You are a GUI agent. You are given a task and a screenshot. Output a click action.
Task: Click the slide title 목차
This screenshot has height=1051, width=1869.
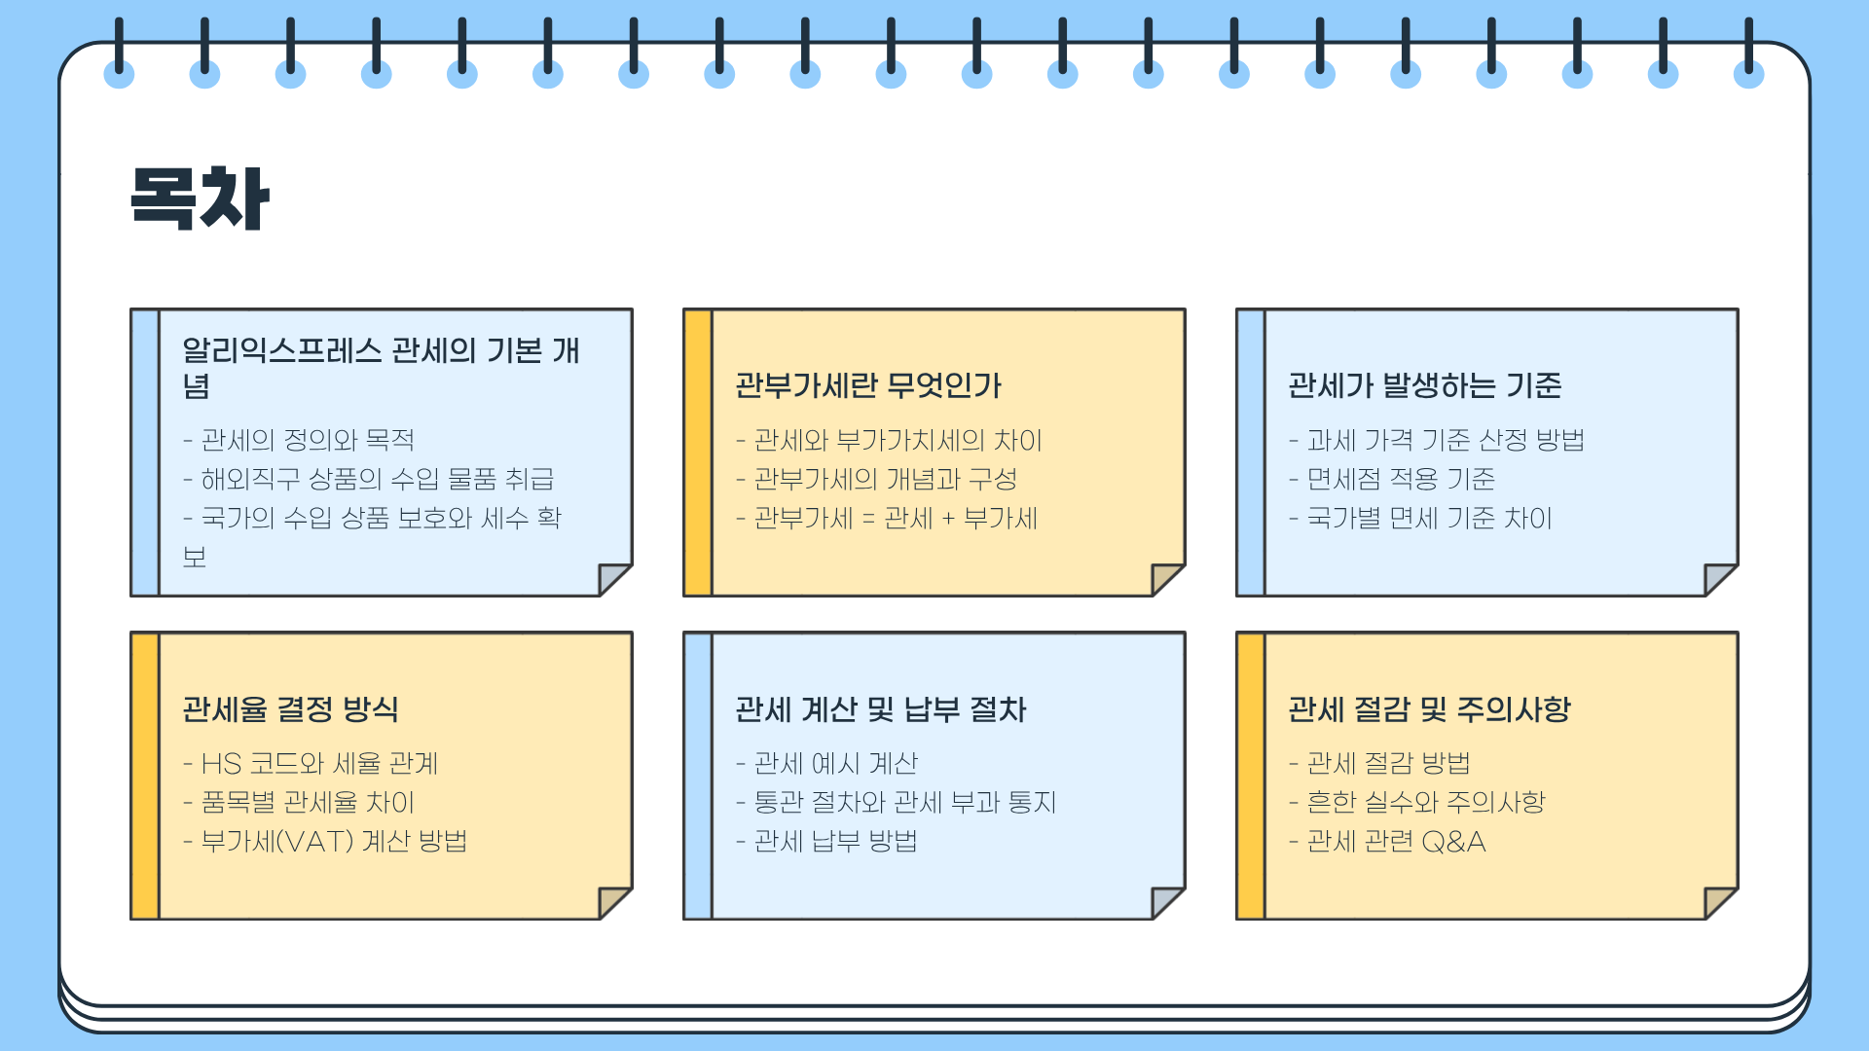pos(200,199)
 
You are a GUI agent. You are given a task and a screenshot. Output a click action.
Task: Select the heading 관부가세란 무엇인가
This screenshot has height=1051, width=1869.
pos(867,386)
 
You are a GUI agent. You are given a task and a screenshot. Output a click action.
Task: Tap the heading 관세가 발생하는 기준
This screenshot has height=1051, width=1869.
pos(1424,386)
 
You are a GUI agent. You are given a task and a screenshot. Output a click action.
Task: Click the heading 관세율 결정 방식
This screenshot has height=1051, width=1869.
pos(290,709)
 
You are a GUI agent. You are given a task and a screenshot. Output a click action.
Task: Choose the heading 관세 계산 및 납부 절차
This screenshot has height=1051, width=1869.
pos(880,709)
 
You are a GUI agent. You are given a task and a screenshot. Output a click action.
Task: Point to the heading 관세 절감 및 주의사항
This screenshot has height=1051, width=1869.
pos(1428,709)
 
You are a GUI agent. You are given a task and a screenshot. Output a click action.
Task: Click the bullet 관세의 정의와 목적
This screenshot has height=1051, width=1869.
pos(307,441)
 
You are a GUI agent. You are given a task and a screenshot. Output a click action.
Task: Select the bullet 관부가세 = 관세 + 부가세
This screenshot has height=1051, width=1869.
pos(895,519)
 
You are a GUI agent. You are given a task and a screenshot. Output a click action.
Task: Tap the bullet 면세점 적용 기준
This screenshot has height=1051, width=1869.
pos(1400,480)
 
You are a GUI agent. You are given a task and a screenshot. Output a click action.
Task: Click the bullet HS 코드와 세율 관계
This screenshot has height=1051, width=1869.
pos(318,764)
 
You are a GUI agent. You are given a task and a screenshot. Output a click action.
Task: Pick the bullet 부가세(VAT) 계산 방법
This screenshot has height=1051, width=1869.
pos(333,842)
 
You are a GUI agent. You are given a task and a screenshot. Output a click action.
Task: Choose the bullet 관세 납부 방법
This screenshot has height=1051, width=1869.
pos(835,842)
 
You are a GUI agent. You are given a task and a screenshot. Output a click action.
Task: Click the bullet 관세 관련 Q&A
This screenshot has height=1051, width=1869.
pos(1395,842)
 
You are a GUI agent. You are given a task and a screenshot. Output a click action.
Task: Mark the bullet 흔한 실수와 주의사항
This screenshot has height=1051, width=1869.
pos(1425,803)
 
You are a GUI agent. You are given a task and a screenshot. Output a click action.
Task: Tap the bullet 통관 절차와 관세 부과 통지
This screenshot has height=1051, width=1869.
pos(904,803)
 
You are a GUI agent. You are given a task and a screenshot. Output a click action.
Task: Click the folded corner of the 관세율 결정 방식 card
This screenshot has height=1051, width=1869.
pos(612,901)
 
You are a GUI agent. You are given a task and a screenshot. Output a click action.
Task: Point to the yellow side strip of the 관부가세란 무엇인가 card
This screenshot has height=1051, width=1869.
pos(698,453)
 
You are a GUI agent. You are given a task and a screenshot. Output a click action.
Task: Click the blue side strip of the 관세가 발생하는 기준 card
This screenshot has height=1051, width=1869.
pos(1251,453)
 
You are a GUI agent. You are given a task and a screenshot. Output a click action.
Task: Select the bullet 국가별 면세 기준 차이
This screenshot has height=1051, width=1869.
pos(1428,519)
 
